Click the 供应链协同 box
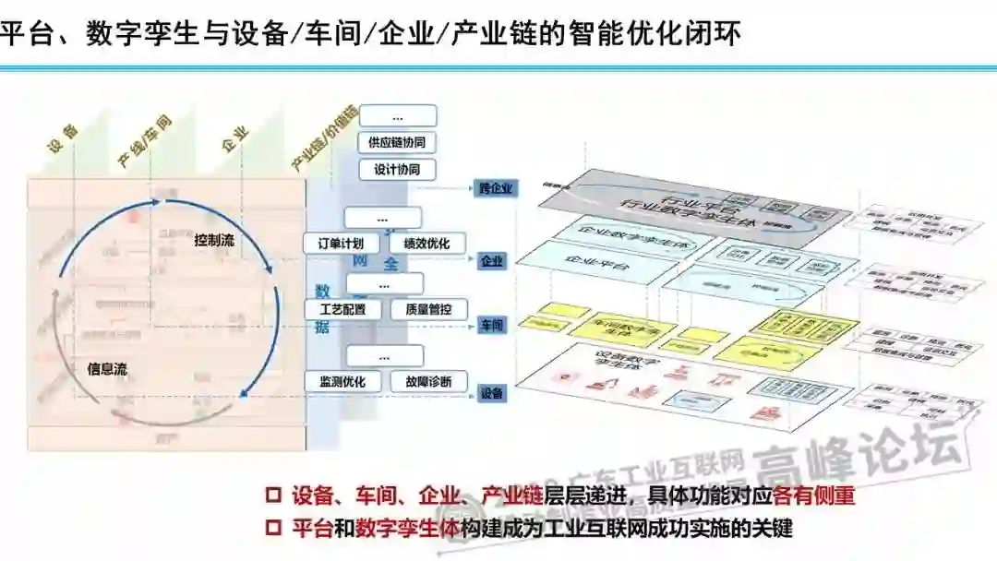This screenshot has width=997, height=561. tap(397, 143)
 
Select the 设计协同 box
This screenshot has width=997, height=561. tap(397, 171)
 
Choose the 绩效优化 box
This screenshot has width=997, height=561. tap(426, 245)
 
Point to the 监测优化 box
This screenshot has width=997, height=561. tap(342, 381)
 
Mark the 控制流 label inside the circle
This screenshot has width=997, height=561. tap(213, 241)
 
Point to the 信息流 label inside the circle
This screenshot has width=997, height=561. tap(107, 369)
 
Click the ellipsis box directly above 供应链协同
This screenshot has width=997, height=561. tap(397, 117)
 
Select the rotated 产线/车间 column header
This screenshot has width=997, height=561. tap(145, 142)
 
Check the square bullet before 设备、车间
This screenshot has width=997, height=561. tap(272, 495)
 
